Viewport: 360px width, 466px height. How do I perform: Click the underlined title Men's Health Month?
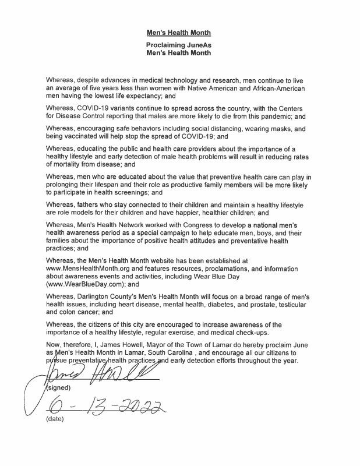178,33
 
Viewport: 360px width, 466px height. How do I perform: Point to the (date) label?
55,418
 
